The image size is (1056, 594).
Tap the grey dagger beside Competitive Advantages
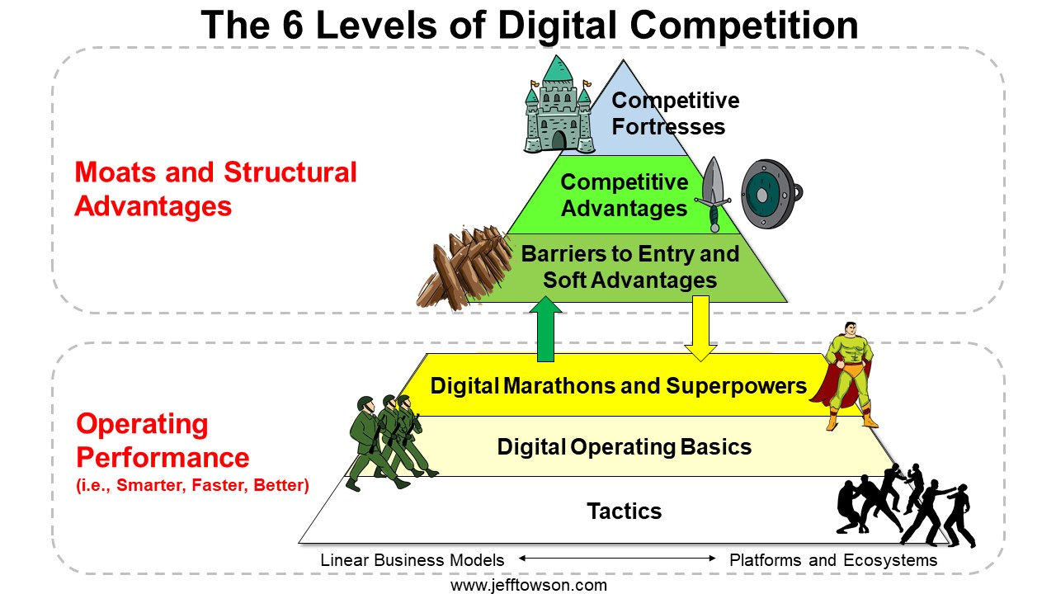(714, 193)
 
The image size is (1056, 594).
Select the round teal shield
(770, 194)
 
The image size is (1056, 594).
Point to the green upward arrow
(545, 329)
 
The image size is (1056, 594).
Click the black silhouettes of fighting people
(905, 506)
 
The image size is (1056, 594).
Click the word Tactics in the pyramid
(625, 511)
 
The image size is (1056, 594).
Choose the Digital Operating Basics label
(625, 447)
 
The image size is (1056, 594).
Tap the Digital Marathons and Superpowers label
(619, 386)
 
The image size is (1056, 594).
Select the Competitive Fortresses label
(675, 114)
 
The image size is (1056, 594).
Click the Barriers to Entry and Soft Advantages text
(629, 266)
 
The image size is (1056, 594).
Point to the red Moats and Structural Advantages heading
(215, 189)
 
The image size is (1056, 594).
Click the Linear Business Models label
(412, 560)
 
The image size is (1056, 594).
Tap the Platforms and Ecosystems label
(833, 560)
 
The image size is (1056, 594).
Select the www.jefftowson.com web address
(529, 586)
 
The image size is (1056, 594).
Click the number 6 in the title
(292, 25)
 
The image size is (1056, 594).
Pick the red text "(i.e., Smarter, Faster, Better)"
(192, 486)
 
